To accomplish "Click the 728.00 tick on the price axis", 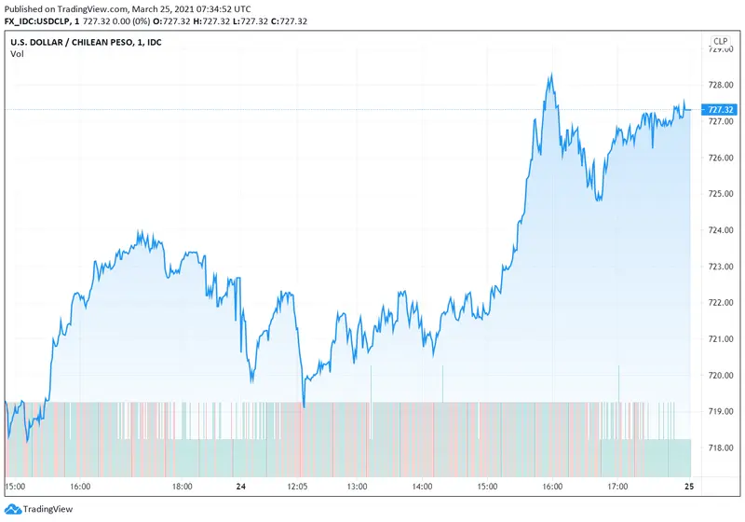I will (x=720, y=85).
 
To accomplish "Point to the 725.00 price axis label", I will (x=720, y=194).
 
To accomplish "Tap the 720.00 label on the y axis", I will (x=720, y=376).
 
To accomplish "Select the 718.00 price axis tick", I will (x=720, y=448).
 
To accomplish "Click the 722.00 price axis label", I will (x=720, y=303).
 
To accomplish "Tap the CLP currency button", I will (x=720, y=41).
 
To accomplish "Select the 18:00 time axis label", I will (x=182, y=486).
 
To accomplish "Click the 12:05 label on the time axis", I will (x=297, y=486).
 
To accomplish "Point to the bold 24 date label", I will (x=240, y=486).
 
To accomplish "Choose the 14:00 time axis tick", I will (x=423, y=486).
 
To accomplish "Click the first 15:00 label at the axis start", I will (x=15, y=486).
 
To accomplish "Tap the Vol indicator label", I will (x=17, y=54).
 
